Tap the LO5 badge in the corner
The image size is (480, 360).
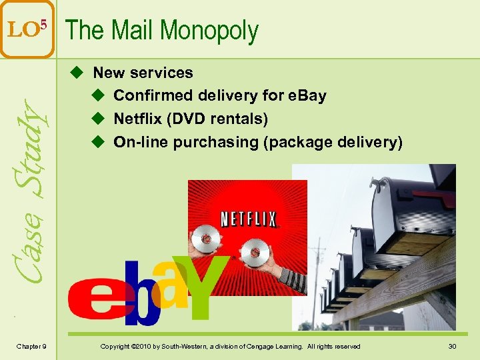27,29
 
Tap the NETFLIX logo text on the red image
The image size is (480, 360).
248,219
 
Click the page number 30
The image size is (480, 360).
451,346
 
